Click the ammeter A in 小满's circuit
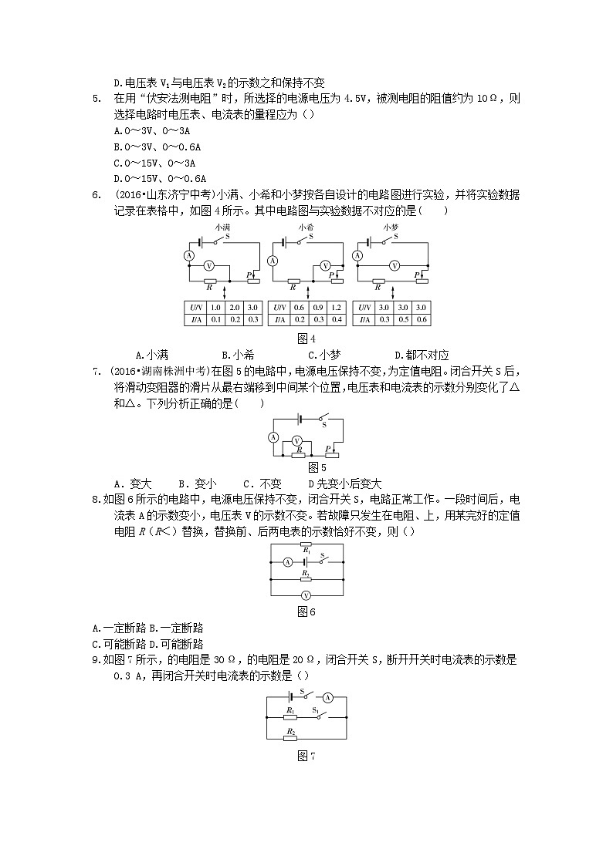point(188,255)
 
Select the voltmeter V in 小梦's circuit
point(394,265)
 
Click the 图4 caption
point(306,339)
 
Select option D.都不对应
point(422,355)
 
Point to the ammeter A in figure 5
point(273,436)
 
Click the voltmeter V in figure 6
point(305,595)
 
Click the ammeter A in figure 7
point(327,696)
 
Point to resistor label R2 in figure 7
point(290,731)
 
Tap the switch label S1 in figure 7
point(315,709)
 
